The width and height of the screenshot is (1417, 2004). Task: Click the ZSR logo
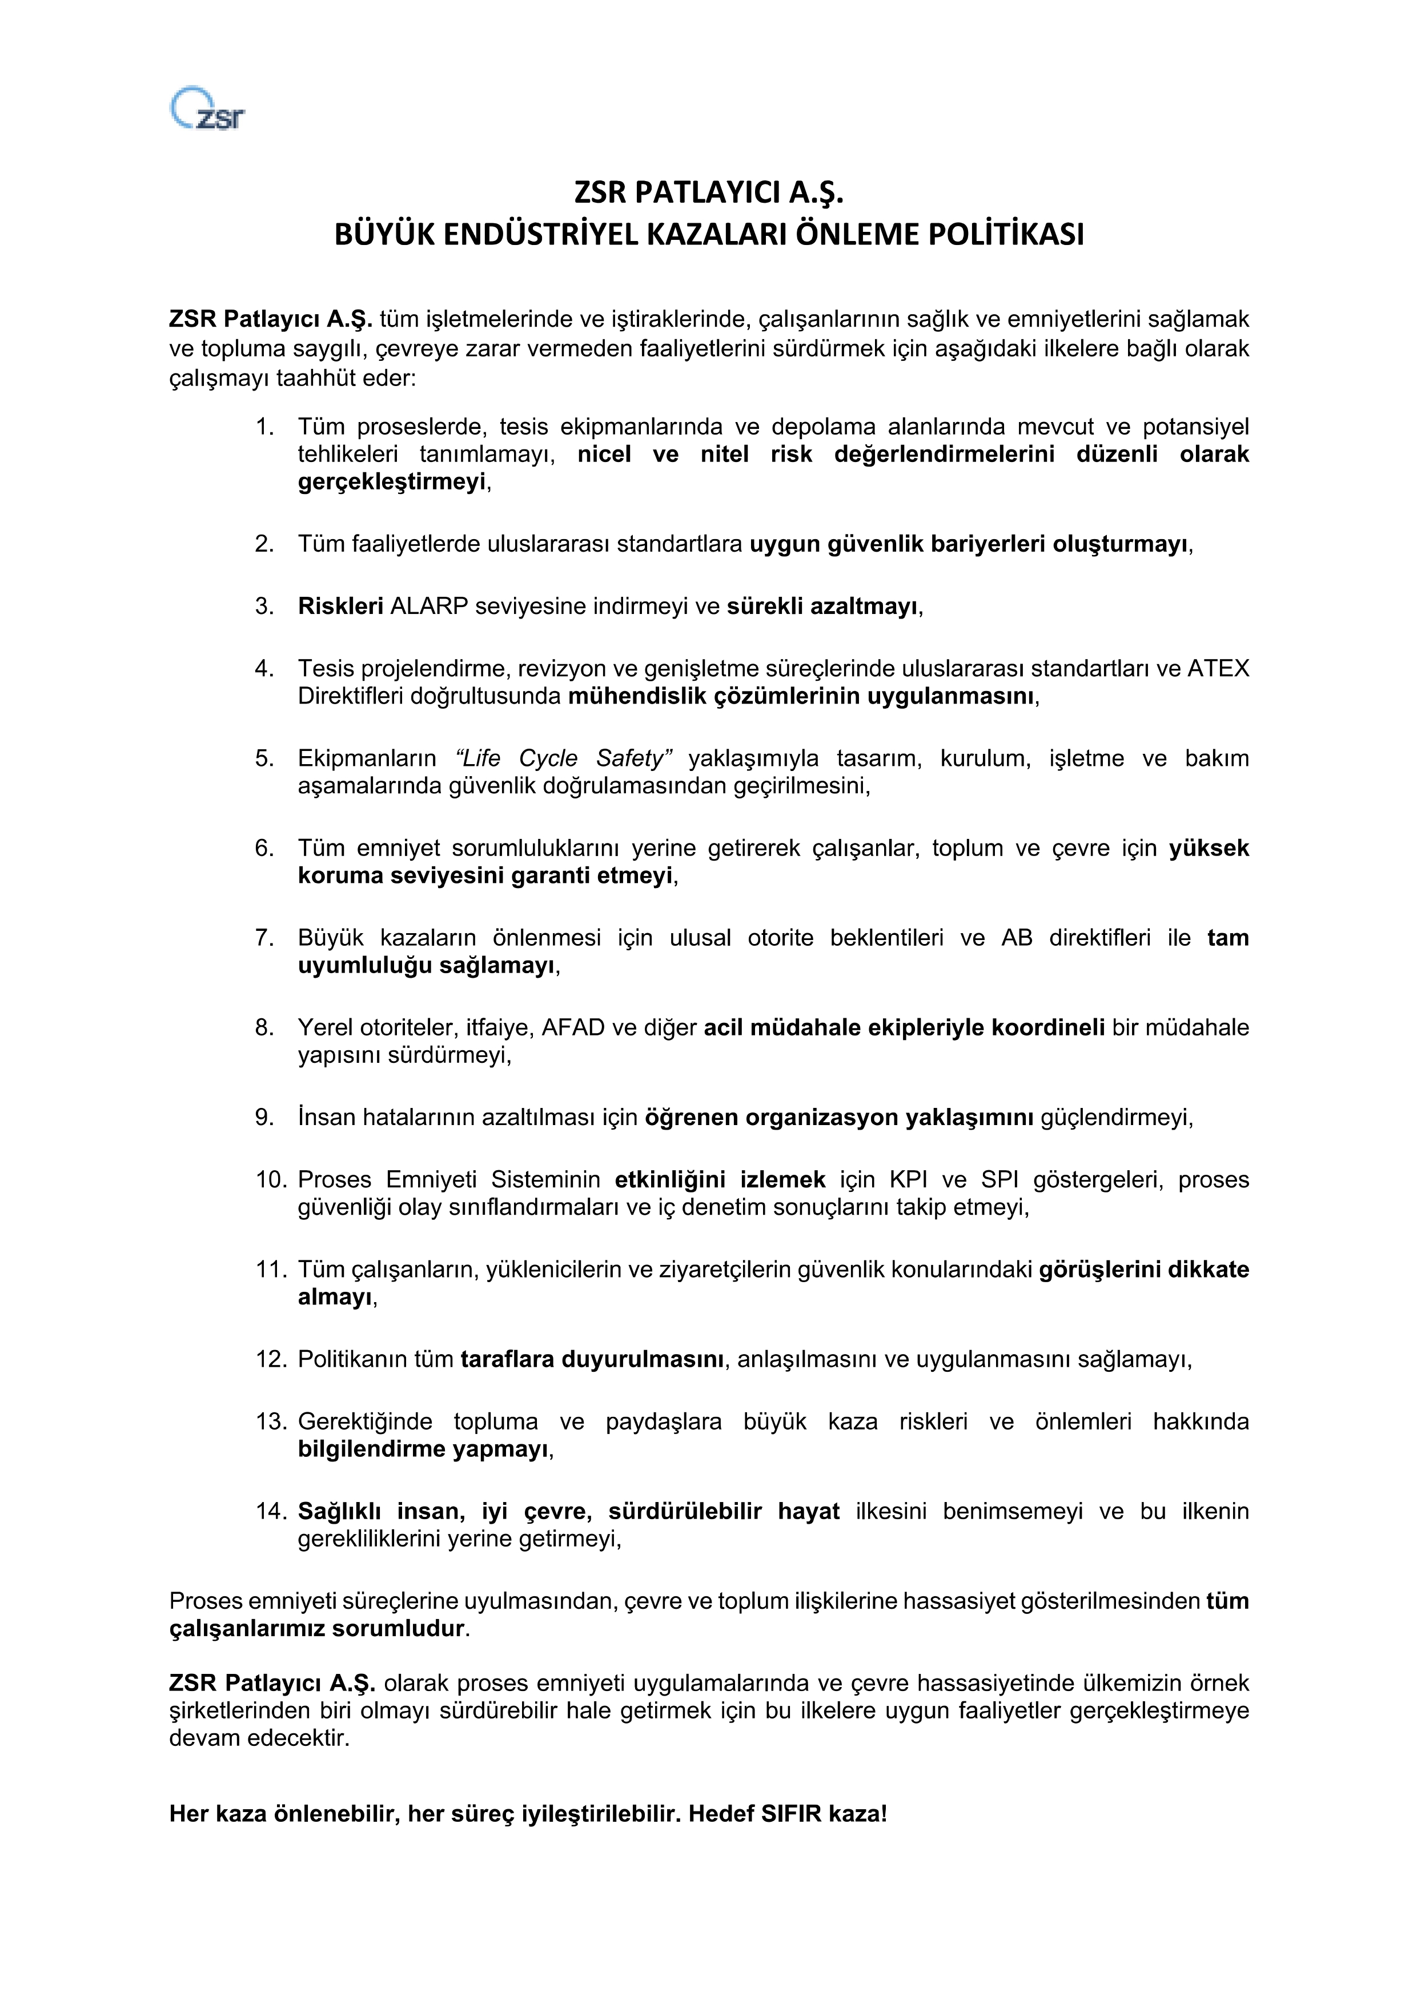(x=207, y=109)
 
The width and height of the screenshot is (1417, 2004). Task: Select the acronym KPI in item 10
(x=909, y=1180)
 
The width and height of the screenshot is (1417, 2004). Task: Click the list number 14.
(x=270, y=1511)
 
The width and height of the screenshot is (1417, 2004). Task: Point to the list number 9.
(x=264, y=1117)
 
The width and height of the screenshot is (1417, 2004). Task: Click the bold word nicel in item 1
(x=604, y=454)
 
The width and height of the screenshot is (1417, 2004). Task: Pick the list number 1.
(x=264, y=427)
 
